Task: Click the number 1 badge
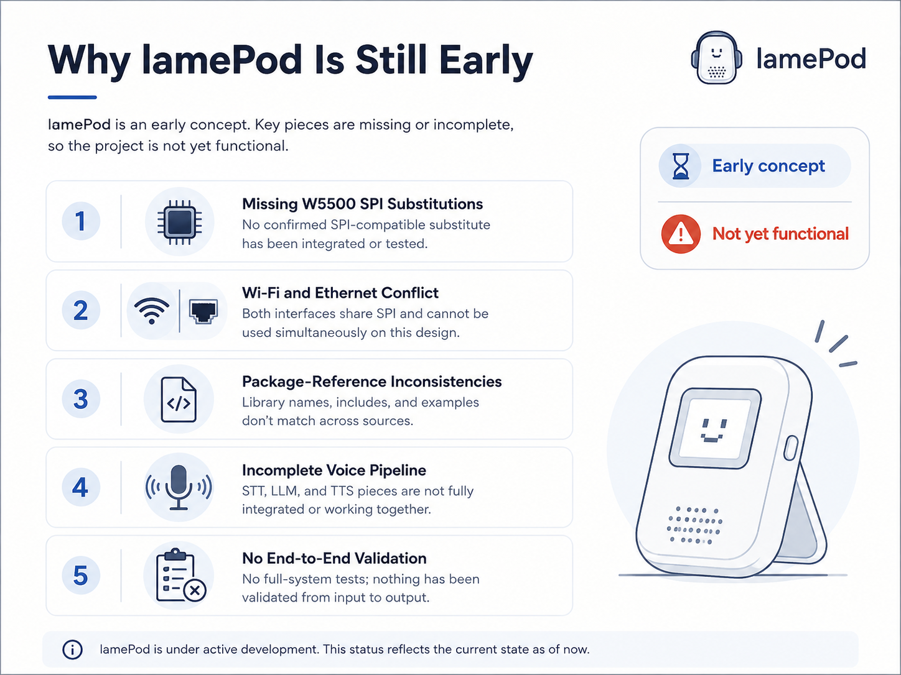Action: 81,221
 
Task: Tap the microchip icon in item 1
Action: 179,222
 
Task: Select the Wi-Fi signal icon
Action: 152,310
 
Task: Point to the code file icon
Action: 179,400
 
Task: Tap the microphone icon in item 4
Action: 179,487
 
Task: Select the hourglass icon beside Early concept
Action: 681,166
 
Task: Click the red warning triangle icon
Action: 681,234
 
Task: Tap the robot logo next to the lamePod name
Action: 717,57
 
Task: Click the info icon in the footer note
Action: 72,650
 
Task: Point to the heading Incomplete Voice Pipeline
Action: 334,470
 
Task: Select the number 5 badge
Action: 81,576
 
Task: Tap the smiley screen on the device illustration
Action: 715,428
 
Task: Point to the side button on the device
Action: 791,448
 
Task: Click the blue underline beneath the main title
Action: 72,97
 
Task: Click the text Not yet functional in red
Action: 780,234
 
